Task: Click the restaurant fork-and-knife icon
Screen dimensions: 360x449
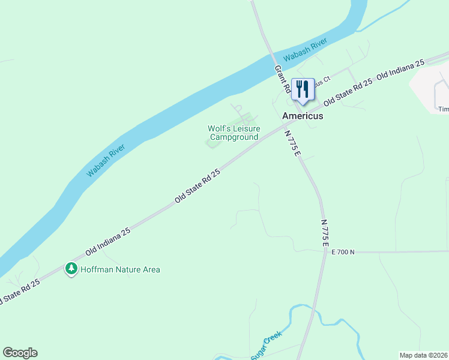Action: [x=302, y=89]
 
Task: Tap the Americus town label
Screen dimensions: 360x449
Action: [x=303, y=116]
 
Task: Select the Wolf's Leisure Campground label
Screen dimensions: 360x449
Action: [x=234, y=133]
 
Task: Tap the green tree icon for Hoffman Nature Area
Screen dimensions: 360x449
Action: [x=71, y=269]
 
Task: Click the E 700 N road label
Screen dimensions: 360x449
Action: [x=343, y=252]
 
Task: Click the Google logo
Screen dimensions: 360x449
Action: [x=20, y=353]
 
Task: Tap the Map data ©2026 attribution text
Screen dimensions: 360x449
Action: [x=423, y=355]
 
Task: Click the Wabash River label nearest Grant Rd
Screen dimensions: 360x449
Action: [x=306, y=50]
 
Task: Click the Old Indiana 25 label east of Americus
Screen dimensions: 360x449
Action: [x=400, y=70]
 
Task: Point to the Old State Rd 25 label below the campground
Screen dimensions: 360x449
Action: [x=197, y=185]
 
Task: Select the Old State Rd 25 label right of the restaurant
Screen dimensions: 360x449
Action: [x=348, y=92]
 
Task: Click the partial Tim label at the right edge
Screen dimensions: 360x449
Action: [x=443, y=109]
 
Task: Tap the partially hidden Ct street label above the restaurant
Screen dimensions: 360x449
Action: [x=322, y=80]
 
